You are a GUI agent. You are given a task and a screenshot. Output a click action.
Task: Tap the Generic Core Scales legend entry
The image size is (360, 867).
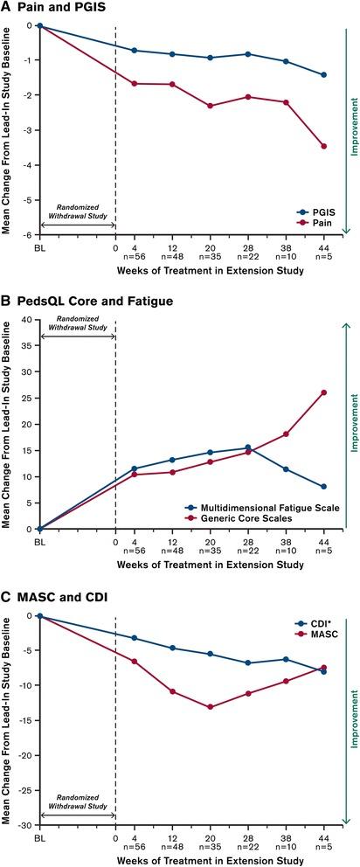click(246, 518)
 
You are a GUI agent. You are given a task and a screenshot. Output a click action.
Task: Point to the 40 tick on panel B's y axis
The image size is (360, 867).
click(28, 319)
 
